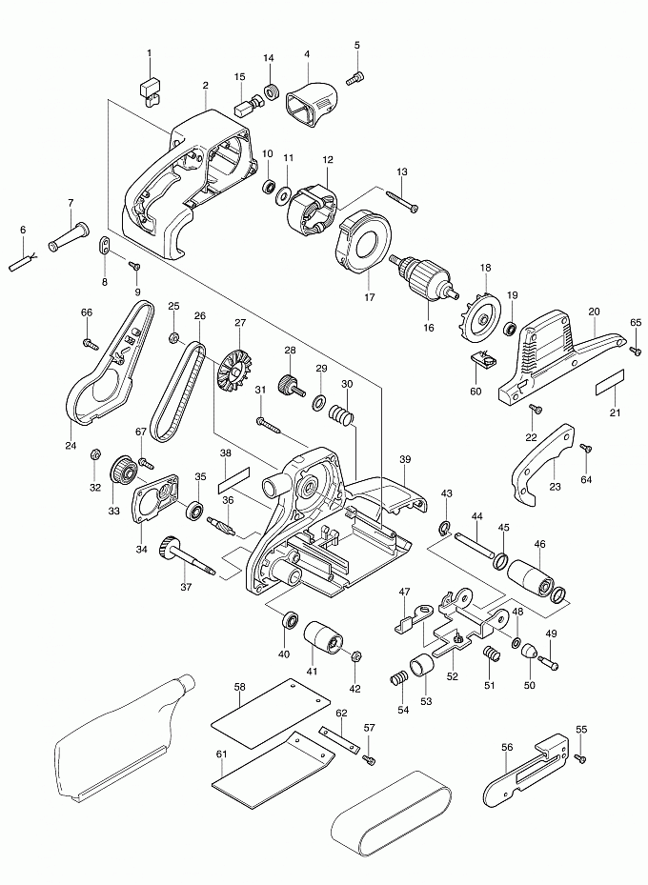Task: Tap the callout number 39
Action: click(x=405, y=460)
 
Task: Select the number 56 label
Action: click(x=506, y=747)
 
